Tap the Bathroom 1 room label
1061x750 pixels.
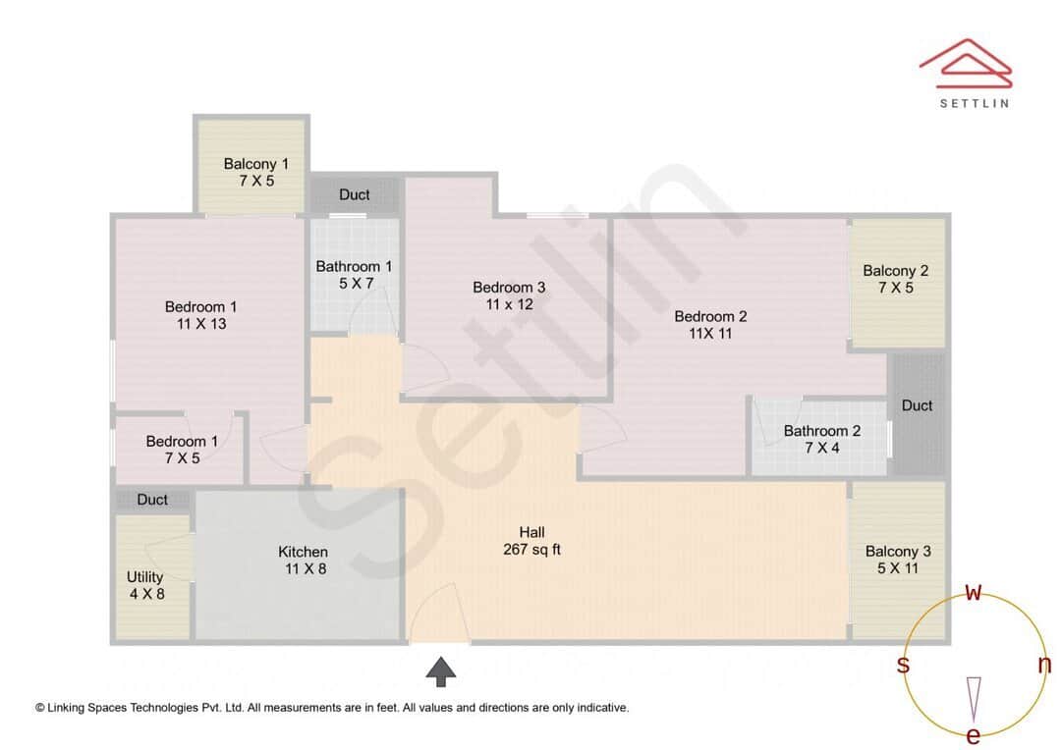click(x=354, y=275)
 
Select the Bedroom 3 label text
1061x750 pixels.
click(x=509, y=295)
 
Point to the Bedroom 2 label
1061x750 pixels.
click(x=710, y=325)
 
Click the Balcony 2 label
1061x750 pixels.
click(x=895, y=279)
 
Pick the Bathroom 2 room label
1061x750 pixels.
click(x=822, y=440)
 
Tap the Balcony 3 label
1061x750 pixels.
click(x=898, y=560)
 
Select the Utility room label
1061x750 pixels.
click(x=145, y=585)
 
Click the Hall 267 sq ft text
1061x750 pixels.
click(x=531, y=541)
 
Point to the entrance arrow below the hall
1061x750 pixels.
click(x=441, y=671)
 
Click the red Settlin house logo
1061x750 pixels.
click(x=965, y=61)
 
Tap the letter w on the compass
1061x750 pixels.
click(x=974, y=591)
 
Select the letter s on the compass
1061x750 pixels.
click(x=903, y=665)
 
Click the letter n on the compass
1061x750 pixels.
click(x=1044, y=665)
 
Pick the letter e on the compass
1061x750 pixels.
click(x=974, y=735)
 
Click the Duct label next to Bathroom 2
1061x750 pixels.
click(x=917, y=405)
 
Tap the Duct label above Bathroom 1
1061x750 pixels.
click(x=355, y=194)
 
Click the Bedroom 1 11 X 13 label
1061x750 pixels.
click(x=200, y=315)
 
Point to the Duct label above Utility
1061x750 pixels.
click(x=152, y=500)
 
